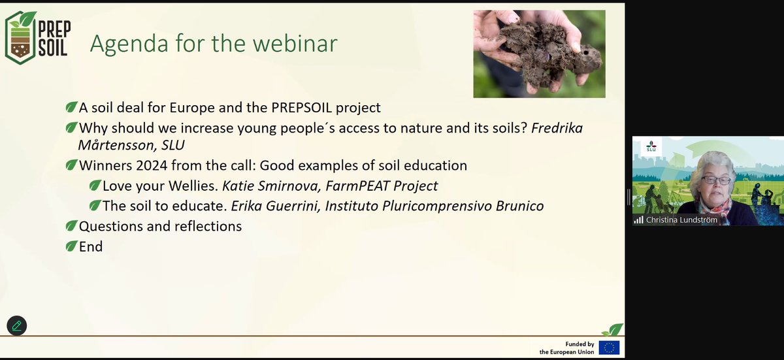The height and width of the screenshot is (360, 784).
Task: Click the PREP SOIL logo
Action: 38,38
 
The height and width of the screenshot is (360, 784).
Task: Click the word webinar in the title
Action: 295,43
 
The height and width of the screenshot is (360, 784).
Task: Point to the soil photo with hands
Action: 540,54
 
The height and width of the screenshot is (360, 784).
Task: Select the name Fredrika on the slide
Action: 557,128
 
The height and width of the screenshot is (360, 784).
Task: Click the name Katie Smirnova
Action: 272,186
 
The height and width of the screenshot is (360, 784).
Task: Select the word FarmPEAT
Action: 357,186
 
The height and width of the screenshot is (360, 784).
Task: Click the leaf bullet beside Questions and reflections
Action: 71,225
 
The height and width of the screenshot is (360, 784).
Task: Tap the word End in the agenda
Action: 91,247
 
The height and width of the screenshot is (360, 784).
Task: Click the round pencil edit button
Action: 17,326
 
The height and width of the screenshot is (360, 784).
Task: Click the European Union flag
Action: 609,348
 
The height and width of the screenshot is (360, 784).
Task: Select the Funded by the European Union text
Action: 566,348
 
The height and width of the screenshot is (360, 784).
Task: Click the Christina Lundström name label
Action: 681,220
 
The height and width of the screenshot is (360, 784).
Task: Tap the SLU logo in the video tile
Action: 651,146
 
